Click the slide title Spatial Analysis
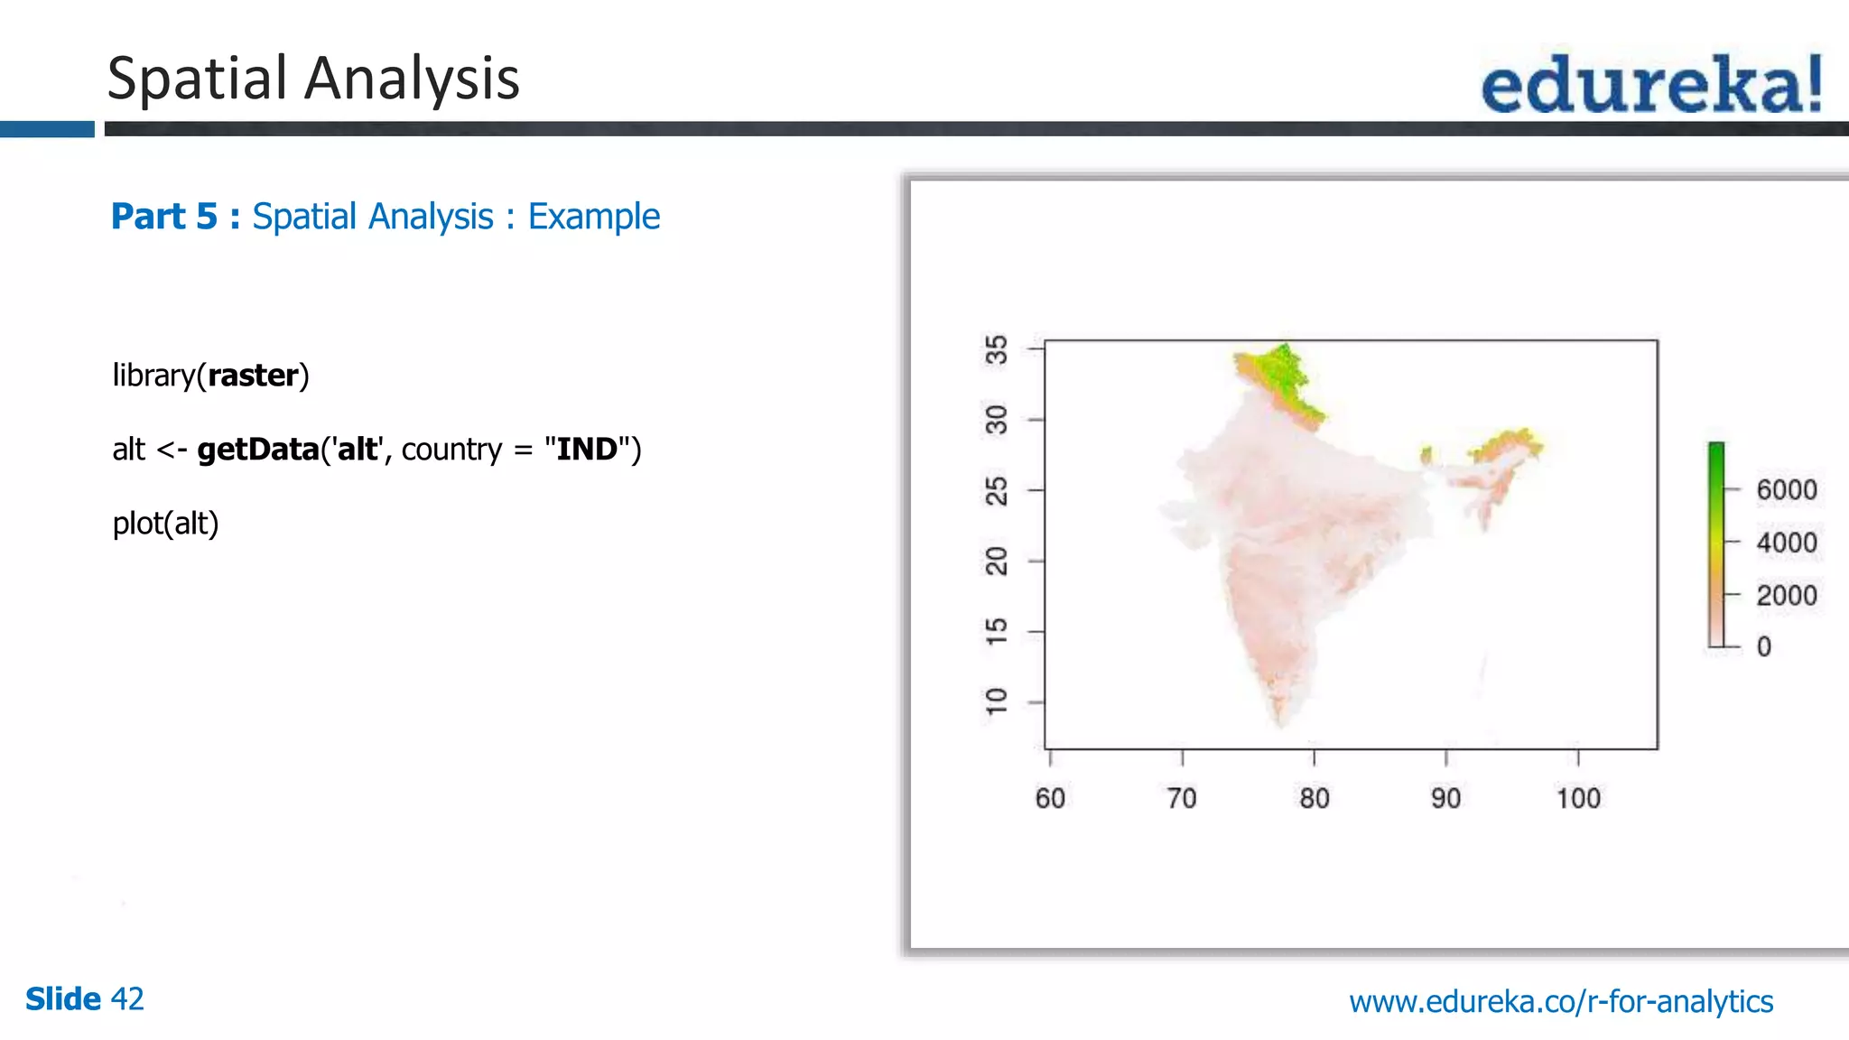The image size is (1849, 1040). click(x=313, y=79)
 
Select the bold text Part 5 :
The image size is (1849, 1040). click(x=175, y=217)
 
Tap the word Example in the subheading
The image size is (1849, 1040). click(x=593, y=217)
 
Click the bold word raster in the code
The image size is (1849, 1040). click(x=253, y=376)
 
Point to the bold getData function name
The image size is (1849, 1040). click(x=258, y=450)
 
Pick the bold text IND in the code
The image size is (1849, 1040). click(x=587, y=450)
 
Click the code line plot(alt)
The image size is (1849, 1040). click(x=165, y=524)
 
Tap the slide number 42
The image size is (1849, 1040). click(x=126, y=998)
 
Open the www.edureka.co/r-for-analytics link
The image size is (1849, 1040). click(x=1560, y=1001)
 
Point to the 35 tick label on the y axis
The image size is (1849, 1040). click(x=996, y=349)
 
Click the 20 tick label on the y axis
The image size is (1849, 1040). click(x=996, y=561)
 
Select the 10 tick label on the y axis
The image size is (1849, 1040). click(x=996, y=701)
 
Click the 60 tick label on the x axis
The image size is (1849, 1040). click(x=1050, y=798)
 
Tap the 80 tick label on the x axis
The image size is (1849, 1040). click(x=1314, y=798)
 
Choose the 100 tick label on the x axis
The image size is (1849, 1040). click(x=1577, y=798)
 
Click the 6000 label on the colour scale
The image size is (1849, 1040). click(x=1786, y=490)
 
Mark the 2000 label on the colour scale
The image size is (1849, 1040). click(x=1786, y=596)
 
